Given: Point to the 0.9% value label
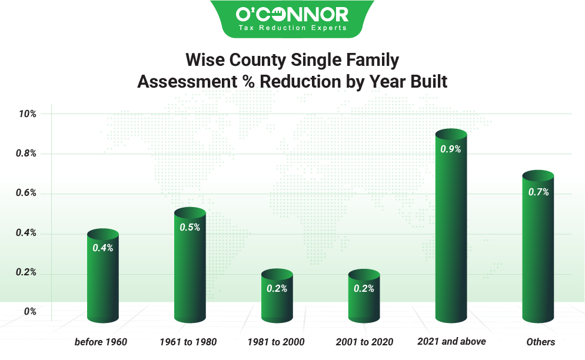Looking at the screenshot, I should (x=451, y=149).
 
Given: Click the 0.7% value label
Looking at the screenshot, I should (x=538, y=192).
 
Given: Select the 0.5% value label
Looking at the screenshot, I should (x=190, y=228).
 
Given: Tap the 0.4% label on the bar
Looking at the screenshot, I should (x=103, y=248).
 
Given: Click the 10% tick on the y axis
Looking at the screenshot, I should (x=28, y=114).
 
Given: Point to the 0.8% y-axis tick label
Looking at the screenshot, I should (x=26, y=154).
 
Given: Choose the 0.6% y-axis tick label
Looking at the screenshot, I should (x=26, y=194).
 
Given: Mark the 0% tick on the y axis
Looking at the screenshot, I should (x=30, y=312).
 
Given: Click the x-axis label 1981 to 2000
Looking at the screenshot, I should (x=276, y=342).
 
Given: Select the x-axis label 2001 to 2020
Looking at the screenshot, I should (x=364, y=342).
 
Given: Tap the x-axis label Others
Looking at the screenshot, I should (x=540, y=342).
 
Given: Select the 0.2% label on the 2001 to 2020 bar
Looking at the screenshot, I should (x=364, y=288).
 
